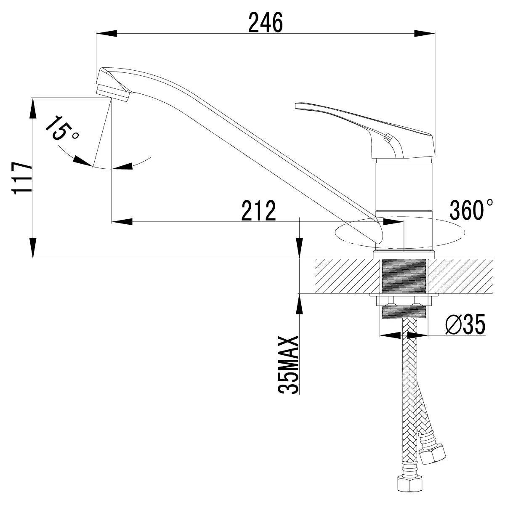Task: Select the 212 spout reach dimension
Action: (x=258, y=210)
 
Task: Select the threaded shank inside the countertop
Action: (x=404, y=276)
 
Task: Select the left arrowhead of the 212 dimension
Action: (x=122, y=221)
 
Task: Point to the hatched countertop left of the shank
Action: (x=345, y=276)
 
